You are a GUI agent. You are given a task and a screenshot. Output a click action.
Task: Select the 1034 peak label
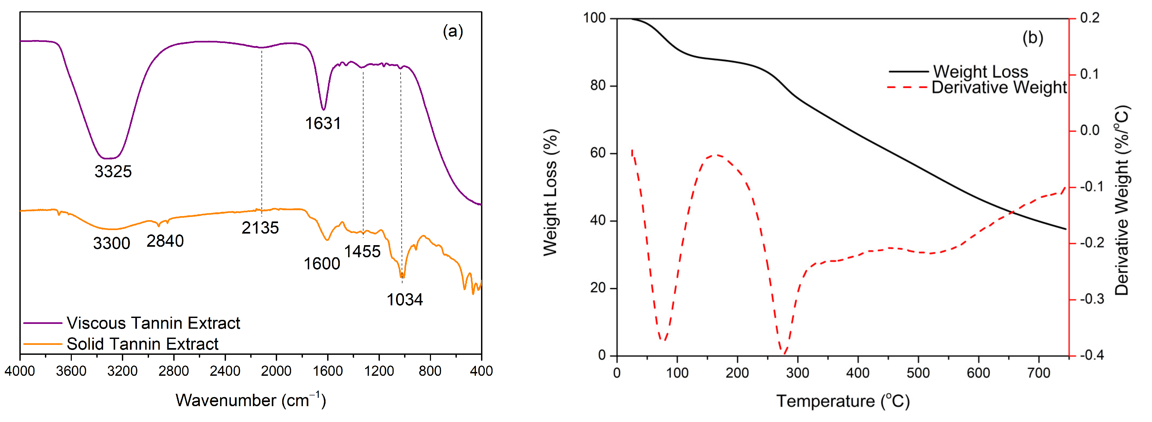tap(404, 299)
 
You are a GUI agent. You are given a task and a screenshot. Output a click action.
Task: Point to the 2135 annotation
tap(260, 228)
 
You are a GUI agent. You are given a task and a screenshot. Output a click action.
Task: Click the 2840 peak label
tap(165, 241)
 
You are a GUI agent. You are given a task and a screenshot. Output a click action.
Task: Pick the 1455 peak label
tap(362, 252)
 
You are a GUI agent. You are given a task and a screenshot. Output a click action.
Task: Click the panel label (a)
tap(453, 31)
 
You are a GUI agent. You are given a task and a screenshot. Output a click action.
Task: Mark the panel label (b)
tap(1033, 38)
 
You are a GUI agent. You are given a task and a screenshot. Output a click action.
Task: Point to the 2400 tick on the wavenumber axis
tap(225, 371)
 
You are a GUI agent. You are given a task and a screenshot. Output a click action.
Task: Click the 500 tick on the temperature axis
tap(918, 373)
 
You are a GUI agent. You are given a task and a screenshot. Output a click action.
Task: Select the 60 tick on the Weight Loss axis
tap(598, 153)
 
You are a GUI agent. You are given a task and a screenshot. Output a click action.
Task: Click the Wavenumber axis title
tap(250, 400)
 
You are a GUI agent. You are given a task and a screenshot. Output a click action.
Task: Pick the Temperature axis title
tap(843, 401)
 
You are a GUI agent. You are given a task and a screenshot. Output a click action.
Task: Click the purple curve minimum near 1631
tap(323, 109)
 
